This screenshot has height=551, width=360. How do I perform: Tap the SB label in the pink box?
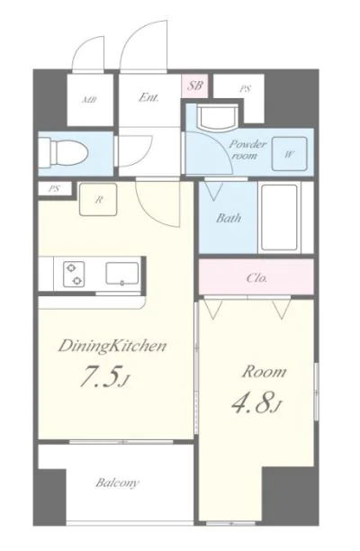pos(195,86)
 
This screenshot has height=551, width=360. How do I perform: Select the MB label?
pos(89,100)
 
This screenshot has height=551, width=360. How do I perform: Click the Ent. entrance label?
pos(148,97)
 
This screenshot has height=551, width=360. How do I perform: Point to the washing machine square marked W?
pos(290,154)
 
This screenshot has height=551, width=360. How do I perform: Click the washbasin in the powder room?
pos(218,117)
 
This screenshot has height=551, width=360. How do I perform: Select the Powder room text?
pos(247,149)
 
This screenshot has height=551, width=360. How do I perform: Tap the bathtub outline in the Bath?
pos(280,216)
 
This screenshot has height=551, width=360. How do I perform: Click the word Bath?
pos(229,218)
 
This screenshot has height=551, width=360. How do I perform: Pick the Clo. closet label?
pos(256,278)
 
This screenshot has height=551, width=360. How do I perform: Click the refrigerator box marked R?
pos(98,199)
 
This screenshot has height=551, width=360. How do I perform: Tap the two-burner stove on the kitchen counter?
pos(74,275)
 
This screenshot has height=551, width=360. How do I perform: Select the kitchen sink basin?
pos(121,273)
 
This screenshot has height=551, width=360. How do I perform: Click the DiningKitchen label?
pos(112,346)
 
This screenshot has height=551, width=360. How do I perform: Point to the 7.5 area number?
pos(105,376)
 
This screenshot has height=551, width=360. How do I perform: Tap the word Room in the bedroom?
pos(264,372)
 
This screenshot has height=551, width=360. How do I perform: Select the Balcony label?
pos(117,483)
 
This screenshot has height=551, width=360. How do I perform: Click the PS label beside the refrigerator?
pos(54,189)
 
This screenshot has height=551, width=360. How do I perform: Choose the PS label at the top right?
pos(246,89)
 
